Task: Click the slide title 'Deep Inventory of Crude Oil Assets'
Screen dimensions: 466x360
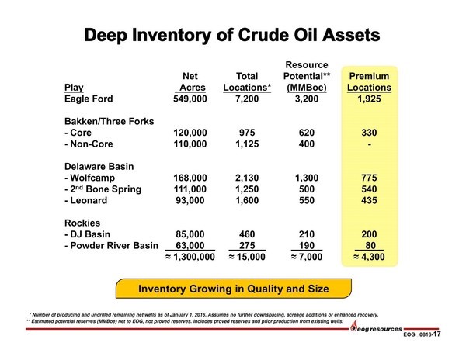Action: [232, 35]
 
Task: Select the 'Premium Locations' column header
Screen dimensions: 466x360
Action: [369, 81]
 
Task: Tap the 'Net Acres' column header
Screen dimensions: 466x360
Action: [190, 81]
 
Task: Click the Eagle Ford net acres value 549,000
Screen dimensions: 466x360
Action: [190, 99]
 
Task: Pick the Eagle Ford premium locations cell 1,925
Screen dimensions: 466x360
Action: [369, 99]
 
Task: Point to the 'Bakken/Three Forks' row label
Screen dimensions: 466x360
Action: [109, 121]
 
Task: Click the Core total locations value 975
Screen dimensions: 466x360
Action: [247, 133]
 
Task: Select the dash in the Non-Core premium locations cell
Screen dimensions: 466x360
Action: [370, 144]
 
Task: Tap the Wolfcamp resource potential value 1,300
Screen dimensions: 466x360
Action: [307, 178]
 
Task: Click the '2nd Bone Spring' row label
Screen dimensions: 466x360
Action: [103, 189]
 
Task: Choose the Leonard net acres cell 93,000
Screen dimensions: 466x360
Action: [190, 200]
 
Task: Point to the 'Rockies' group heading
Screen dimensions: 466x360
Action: [82, 223]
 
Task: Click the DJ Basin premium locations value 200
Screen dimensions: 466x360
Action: [369, 234]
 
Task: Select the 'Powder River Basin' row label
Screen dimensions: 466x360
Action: [111, 245]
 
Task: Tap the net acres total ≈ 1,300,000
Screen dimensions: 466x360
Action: [190, 257]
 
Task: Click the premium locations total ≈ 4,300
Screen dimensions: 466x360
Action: [369, 257]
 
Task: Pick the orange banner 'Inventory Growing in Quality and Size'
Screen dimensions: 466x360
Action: [234, 289]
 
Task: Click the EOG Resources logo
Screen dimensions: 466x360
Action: [376, 327]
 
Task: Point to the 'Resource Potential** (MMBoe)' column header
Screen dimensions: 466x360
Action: [307, 76]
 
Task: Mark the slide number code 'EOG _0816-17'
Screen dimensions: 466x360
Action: [422, 334]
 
